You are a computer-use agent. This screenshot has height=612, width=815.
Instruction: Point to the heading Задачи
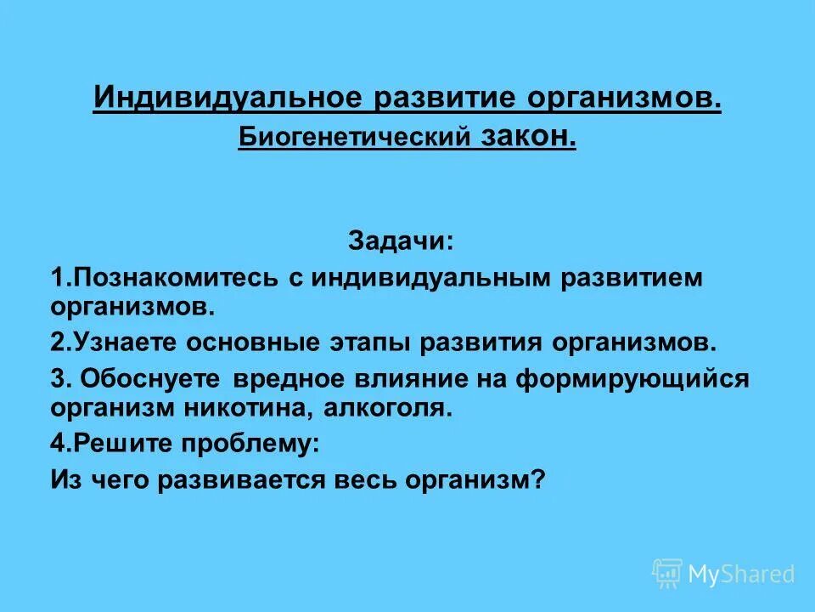[x=401, y=241]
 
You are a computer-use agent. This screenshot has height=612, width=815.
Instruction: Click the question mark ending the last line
[x=536, y=480]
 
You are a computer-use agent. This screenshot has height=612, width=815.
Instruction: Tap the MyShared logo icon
[x=666, y=574]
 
